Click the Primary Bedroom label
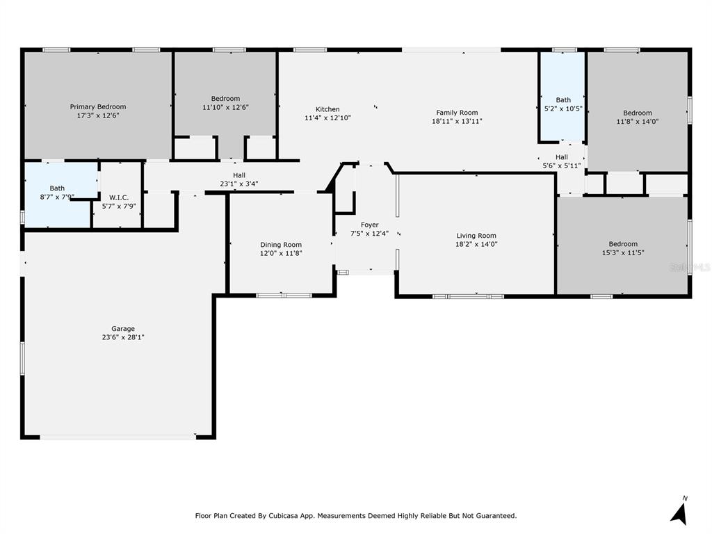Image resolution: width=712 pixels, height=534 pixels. point(98,106)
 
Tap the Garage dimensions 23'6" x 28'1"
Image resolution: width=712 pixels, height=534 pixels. point(123,337)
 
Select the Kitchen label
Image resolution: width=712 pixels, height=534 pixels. point(327,109)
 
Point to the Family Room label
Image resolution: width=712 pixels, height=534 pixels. point(457,113)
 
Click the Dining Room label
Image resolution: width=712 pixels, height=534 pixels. point(281,245)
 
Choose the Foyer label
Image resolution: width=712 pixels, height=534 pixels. point(370,225)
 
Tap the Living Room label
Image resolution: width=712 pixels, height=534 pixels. point(476,236)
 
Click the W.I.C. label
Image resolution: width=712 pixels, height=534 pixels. point(119,197)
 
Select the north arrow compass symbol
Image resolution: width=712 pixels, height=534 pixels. point(680,512)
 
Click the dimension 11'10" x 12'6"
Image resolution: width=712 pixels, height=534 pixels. point(225,108)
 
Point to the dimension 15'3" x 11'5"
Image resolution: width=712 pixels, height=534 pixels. point(623,252)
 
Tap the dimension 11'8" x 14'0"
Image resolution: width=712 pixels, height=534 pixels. point(638,122)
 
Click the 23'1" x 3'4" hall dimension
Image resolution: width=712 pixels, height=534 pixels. point(239,184)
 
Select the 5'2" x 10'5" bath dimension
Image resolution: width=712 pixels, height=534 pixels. point(563,109)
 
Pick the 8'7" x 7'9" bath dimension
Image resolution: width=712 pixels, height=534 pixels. point(57,197)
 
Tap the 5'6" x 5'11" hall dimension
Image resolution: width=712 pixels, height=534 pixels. point(562,165)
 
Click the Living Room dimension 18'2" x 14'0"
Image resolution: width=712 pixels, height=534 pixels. point(476,244)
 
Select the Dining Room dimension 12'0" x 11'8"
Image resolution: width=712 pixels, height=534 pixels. point(281,253)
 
